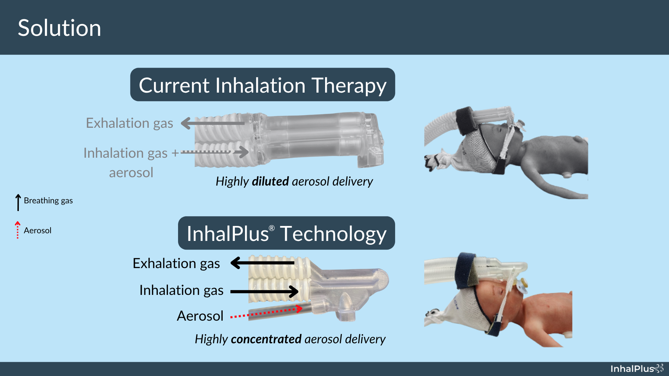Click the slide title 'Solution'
(59, 28)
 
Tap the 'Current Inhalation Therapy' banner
(262, 85)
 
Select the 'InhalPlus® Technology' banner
(286, 233)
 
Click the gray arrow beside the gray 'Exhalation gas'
(213, 123)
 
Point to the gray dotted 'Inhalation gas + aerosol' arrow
(214, 152)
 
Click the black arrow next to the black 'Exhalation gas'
(262, 263)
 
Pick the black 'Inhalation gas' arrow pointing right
(264, 291)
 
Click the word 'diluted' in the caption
(270, 181)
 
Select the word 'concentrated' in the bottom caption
(266, 339)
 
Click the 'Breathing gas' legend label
(48, 201)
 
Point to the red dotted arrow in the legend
(17, 230)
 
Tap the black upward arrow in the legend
(18, 202)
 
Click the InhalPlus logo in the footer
(637, 368)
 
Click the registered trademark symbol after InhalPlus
(272, 228)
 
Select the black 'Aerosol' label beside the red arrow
(200, 316)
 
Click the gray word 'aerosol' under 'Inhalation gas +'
(131, 172)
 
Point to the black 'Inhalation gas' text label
(181, 290)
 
